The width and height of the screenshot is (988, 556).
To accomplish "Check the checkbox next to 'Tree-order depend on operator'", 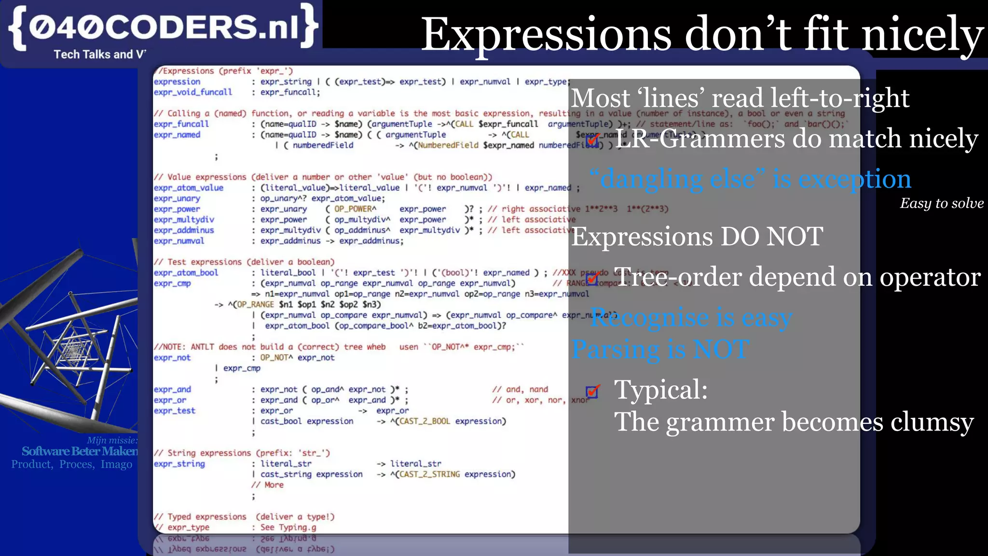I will [x=593, y=278].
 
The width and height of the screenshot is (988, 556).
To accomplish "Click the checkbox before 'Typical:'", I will [x=593, y=391].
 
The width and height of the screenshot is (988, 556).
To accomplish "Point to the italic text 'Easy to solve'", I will [x=941, y=203].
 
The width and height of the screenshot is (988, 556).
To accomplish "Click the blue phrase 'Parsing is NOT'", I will [x=660, y=349].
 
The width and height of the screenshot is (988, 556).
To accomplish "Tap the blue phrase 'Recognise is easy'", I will [x=691, y=318].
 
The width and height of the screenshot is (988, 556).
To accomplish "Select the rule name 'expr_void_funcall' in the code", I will [x=192, y=92].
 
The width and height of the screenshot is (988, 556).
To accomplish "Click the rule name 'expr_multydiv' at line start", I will [x=184, y=220].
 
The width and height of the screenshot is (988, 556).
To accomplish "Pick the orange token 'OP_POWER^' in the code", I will [x=355, y=209].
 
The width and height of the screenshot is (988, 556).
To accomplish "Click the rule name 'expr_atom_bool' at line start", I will [x=186, y=273].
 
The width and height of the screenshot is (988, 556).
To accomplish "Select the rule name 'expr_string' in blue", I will [x=179, y=464].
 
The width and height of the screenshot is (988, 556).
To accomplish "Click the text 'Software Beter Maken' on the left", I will [x=80, y=451].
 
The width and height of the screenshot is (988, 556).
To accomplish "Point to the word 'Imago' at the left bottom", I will [x=116, y=464].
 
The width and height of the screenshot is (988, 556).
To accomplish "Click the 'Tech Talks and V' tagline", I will [x=99, y=55].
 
